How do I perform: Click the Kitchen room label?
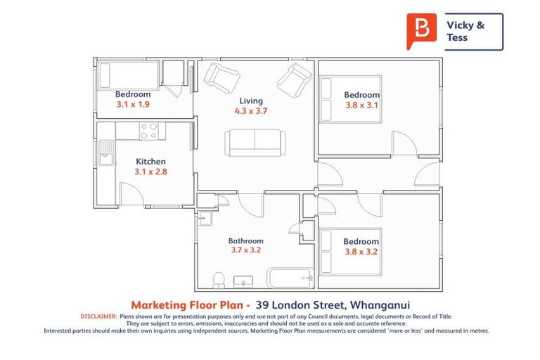pos(150,162)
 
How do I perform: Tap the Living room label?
pos(251,101)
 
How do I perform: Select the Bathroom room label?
pos(246,240)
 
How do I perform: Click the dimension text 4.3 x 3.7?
pos(251,110)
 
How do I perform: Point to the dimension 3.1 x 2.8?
pos(150,172)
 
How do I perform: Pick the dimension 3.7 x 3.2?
pos(246,250)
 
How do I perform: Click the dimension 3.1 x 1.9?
pos(133,104)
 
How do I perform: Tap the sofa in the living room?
pos(255,143)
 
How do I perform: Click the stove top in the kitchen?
pos(148,131)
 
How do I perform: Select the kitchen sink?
pos(105,153)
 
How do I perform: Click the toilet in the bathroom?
pos(219,280)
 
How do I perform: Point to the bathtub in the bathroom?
pos(289,278)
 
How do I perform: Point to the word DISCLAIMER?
pos(98,317)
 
